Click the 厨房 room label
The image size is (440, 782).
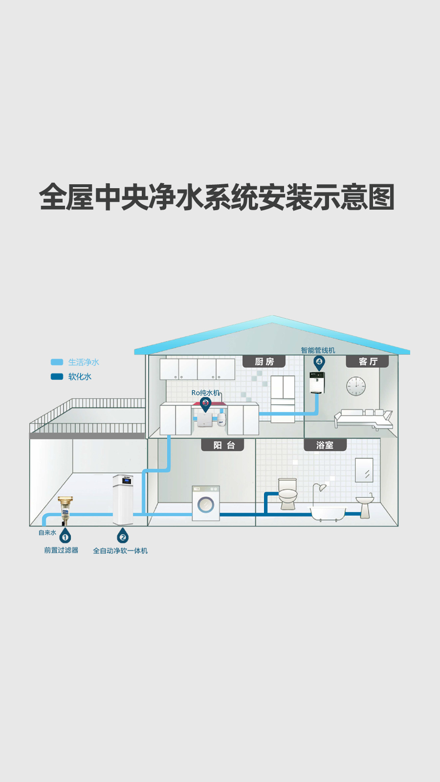[x=264, y=361]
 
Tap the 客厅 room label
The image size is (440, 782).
[x=367, y=361]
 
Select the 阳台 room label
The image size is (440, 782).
[x=223, y=445]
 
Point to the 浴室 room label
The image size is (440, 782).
[x=325, y=445]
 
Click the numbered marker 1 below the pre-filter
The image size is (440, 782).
[x=65, y=537]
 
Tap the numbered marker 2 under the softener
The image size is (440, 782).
[x=123, y=537]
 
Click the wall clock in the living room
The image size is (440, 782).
[x=356, y=386]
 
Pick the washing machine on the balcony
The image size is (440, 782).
[x=206, y=503]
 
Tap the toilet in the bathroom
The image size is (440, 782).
[x=287, y=494]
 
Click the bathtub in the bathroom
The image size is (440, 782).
[x=328, y=513]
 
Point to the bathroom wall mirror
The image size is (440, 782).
[x=364, y=470]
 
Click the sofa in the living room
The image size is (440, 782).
[x=364, y=418]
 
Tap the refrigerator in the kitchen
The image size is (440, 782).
[x=283, y=399]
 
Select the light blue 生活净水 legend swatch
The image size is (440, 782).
[x=57, y=362]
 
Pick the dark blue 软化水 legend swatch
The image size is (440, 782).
[x=57, y=376]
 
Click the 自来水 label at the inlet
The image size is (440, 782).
[x=47, y=533]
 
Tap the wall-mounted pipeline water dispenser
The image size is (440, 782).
[x=317, y=383]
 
